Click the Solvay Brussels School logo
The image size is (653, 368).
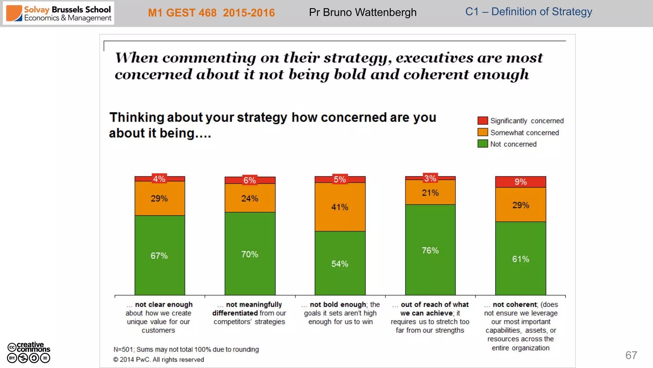pyautogui.click(x=59, y=13)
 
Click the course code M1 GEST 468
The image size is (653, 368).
pyautogui.click(x=182, y=13)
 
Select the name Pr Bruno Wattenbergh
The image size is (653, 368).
pyautogui.click(x=363, y=12)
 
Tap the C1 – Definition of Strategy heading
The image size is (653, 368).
pyautogui.click(x=528, y=12)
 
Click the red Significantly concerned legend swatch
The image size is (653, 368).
pyautogui.click(x=482, y=121)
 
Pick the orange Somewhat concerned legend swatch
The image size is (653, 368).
pyautogui.click(x=482, y=132)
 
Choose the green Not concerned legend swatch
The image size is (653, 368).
pyautogui.click(x=482, y=144)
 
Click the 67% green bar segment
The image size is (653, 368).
pyautogui.click(x=159, y=256)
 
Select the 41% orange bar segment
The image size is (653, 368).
pyautogui.click(x=340, y=207)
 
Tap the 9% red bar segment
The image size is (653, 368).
pyautogui.click(x=520, y=182)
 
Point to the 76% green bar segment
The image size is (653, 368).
pyautogui.click(x=430, y=250)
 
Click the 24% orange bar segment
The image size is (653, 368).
pyautogui.click(x=250, y=198)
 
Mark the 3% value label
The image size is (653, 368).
pyautogui.click(x=430, y=178)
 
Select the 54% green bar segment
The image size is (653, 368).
pyautogui.click(x=340, y=264)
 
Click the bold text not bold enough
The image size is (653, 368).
pyautogui.click(x=338, y=304)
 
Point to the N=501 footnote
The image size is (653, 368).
pyautogui.click(x=186, y=349)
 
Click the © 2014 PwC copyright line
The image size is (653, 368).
pyautogui.click(x=158, y=360)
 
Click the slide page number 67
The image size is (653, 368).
pyautogui.click(x=631, y=355)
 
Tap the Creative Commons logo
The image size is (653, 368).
pyautogui.click(x=29, y=352)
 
